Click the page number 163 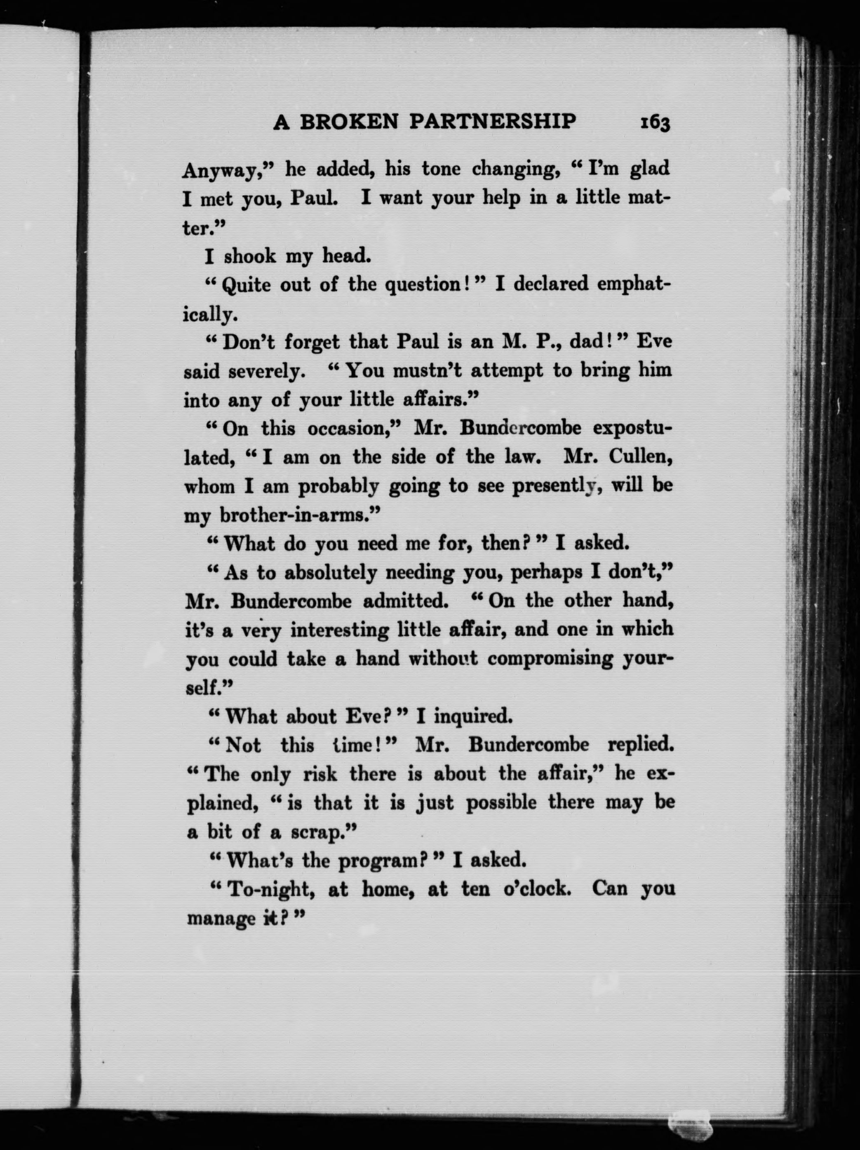(654, 124)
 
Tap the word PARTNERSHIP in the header (492, 122)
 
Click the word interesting (340, 630)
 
